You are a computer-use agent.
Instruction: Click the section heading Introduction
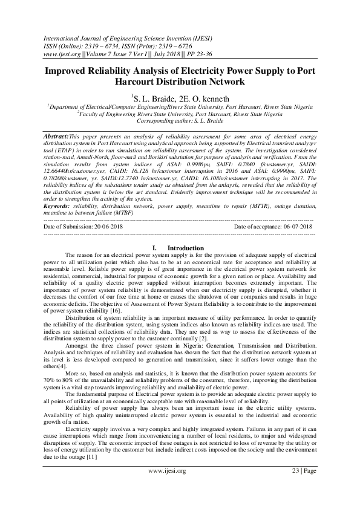(x=186, y=248)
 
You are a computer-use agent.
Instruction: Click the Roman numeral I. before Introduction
(x=155, y=248)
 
